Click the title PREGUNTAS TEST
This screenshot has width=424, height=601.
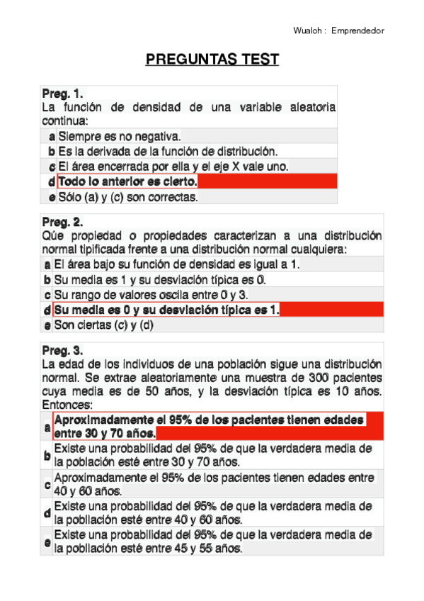click(212, 59)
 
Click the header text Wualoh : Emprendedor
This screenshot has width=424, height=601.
click(338, 30)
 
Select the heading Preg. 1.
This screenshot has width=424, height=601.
click(62, 93)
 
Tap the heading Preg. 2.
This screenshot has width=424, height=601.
click(62, 222)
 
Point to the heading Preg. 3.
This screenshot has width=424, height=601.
click(62, 350)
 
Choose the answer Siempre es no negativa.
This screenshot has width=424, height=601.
click(120, 135)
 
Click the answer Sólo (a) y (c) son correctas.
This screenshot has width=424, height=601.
click(128, 197)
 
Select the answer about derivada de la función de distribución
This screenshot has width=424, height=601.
click(168, 151)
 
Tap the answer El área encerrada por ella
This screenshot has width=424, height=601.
click(173, 167)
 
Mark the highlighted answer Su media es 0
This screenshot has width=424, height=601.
click(167, 310)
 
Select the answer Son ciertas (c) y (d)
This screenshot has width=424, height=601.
click(104, 325)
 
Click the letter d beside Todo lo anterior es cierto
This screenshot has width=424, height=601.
click(52, 182)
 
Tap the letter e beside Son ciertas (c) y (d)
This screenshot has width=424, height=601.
click(47, 325)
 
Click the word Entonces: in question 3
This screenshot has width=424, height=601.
click(67, 405)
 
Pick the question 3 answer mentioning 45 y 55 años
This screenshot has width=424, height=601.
click(212, 541)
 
